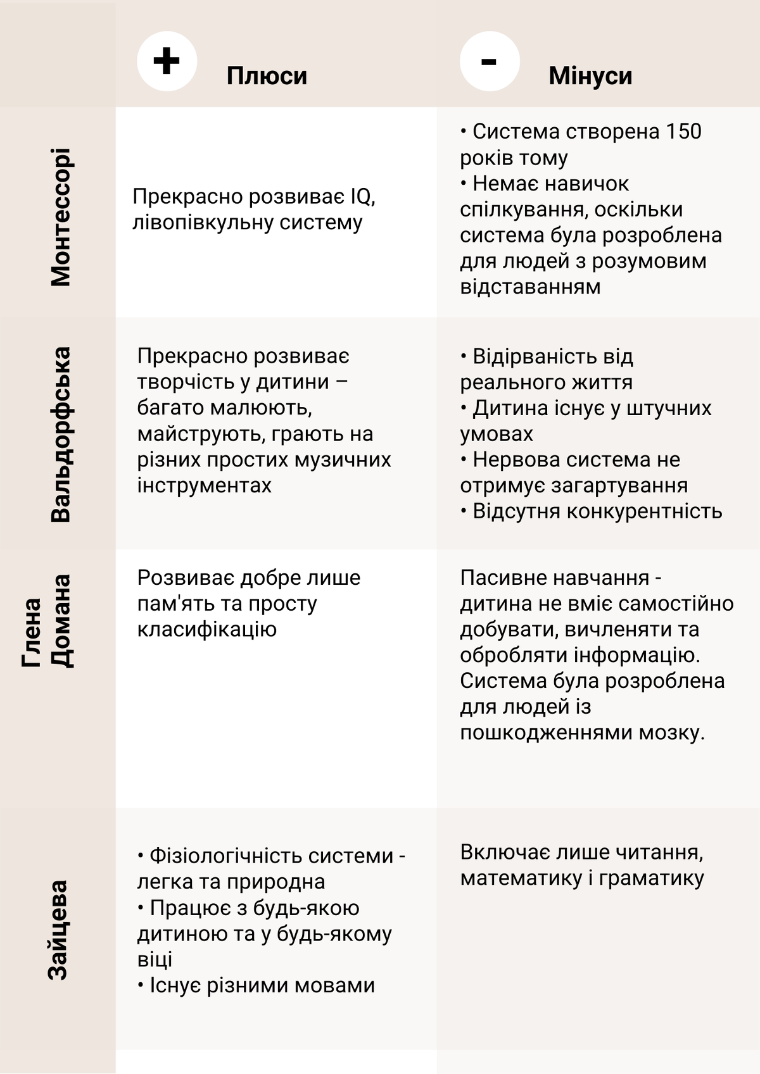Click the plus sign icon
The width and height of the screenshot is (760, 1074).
point(167,61)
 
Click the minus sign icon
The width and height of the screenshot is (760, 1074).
point(489,61)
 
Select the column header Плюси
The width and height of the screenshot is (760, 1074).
point(267,76)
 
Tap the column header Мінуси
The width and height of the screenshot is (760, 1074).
point(590,76)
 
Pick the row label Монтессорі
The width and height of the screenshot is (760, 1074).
point(61,217)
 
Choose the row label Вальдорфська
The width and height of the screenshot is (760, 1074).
point(61,434)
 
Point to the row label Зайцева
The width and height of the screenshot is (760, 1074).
point(58,930)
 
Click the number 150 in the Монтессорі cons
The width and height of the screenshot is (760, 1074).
point(683,132)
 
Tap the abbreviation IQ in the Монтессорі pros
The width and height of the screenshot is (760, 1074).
point(362,197)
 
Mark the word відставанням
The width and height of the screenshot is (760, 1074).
point(530,287)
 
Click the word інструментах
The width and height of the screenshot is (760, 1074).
point(204,485)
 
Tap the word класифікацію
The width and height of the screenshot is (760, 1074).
point(206,630)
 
